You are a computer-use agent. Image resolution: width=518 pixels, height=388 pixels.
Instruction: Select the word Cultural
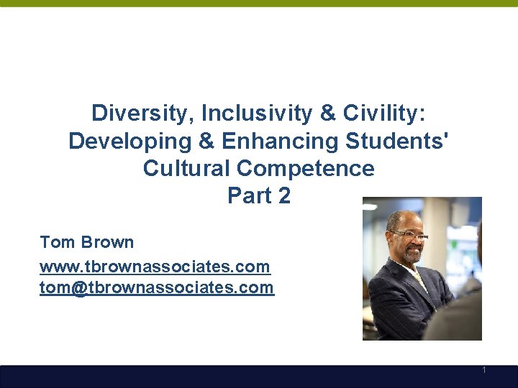pyautogui.click(x=186, y=168)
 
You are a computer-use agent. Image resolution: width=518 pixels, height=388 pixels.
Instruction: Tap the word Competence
pyautogui.click(x=306, y=168)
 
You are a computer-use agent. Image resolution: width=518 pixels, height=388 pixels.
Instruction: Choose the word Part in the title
pyautogui.click(x=247, y=195)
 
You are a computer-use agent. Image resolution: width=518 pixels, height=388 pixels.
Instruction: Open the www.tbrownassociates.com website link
pyautogui.click(x=155, y=267)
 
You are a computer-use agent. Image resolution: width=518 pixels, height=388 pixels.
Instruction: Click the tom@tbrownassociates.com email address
pyautogui.click(x=157, y=288)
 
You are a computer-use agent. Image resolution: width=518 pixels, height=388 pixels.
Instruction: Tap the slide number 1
pyautogui.click(x=484, y=371)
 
